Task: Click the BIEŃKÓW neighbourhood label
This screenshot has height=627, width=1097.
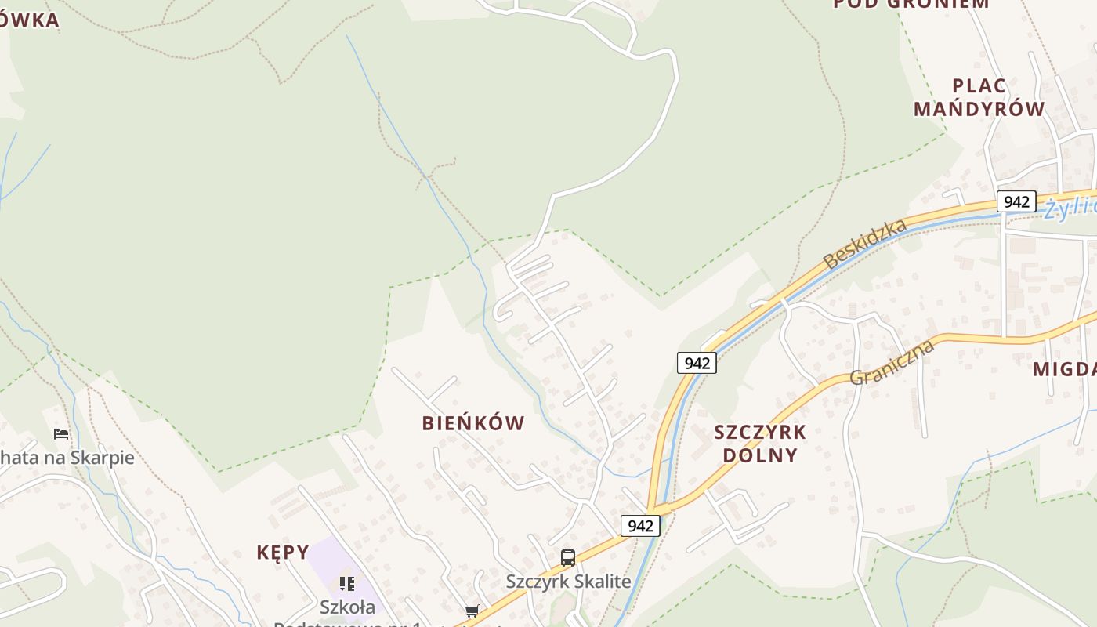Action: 473,423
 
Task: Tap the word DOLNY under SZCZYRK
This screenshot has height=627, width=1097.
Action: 760,455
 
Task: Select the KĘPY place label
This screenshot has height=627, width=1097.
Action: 283,553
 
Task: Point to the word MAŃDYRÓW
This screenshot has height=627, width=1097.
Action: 979,109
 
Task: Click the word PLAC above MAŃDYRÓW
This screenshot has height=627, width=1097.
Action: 979,85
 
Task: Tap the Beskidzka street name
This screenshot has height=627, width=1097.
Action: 865,244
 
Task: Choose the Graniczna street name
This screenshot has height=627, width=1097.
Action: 892,362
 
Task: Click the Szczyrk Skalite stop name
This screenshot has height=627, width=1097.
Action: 568,582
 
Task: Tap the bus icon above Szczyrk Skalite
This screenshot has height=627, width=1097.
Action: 568,558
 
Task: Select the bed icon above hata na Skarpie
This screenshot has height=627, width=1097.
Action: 61,433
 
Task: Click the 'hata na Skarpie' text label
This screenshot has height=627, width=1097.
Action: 69,458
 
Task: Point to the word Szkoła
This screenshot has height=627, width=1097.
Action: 348,607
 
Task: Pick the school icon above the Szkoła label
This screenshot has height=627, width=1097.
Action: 346,584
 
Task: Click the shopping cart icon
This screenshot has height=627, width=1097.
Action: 472,611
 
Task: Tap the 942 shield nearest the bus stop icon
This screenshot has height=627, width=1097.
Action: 640,526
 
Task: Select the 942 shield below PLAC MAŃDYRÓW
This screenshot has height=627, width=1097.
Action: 1016,201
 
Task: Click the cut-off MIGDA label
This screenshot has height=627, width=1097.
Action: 1064,369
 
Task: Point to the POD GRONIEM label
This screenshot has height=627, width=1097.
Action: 911,3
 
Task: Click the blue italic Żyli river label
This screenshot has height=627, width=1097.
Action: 1070,207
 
